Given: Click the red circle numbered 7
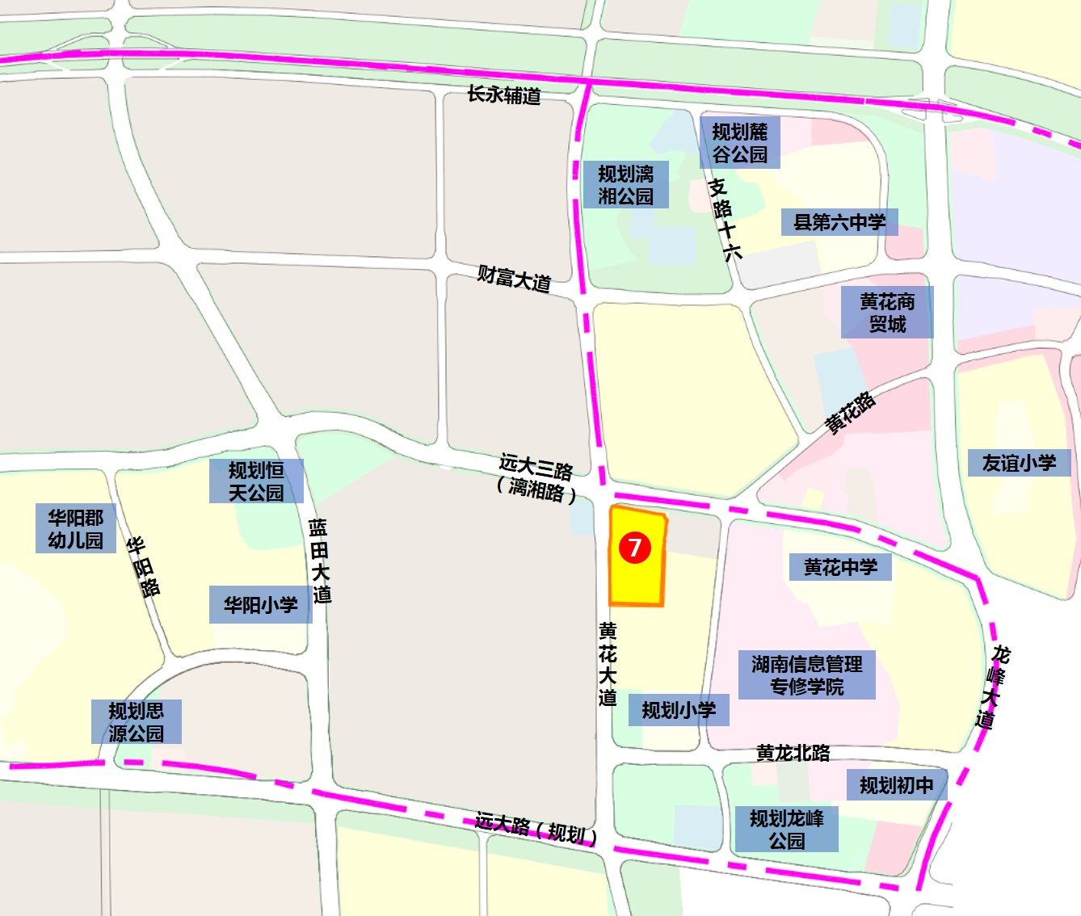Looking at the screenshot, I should point(635,547).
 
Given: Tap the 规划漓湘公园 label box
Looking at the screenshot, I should point(626,185).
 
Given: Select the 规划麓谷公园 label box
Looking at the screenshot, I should point(740,143).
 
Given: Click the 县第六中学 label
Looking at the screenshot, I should point(839,222).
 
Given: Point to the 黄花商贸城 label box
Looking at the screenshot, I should point(887,313).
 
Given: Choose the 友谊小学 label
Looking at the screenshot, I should point(1020,463).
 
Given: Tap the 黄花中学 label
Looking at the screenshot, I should point(840,567).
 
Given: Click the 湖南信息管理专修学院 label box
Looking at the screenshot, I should point(807,675).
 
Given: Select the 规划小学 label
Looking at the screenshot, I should point(679,710).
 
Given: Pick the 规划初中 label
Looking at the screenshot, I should point(897,785).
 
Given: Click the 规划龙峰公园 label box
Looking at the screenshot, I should point(787,830).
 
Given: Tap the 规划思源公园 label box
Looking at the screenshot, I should point(137,722).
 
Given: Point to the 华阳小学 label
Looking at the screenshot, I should point(261,604).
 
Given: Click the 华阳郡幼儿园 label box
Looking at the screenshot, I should point(76,528).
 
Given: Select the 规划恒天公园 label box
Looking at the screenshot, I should point(256,481).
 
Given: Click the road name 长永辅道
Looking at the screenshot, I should point(504,95).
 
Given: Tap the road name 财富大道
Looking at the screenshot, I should point(514,279).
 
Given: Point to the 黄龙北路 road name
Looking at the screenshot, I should point(793,753).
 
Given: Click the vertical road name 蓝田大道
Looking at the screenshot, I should point(320,561).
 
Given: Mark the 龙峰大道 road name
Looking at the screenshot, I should point(992,687).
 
